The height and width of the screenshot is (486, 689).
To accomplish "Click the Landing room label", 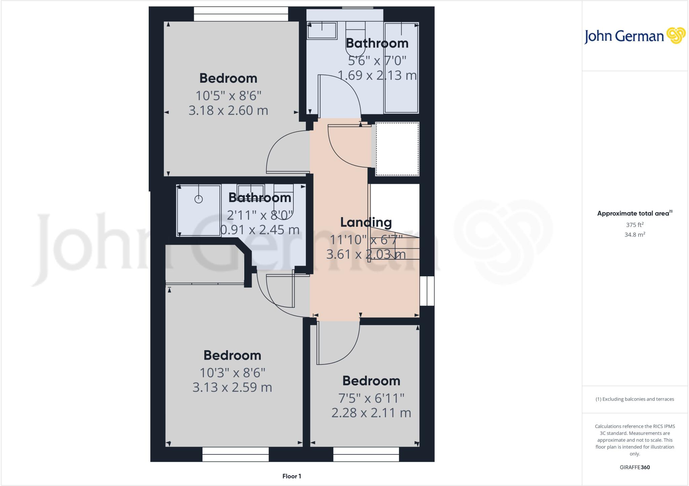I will (x=366, y=222).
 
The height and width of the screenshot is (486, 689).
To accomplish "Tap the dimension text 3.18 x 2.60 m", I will (x=228, y=111).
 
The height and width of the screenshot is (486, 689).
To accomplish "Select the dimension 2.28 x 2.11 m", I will (x=371, y=413).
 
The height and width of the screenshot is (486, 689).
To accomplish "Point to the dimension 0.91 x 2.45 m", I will (x=260, y=230).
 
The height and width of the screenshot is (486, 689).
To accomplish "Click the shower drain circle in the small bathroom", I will (x=198, y=199).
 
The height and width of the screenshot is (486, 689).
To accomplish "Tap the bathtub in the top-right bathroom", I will (x=401, y=67).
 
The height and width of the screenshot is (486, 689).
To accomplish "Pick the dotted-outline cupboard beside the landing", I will (x=397, y=149).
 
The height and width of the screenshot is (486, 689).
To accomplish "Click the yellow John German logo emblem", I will (x=676, y=36).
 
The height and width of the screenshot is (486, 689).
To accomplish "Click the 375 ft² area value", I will (x=634, y=225).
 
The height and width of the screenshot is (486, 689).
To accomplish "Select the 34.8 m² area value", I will (x=634, y=235).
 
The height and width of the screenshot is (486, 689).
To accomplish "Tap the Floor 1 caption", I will (x=292, y=476).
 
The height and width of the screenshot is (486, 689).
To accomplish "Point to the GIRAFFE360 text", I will (x=634, y=467).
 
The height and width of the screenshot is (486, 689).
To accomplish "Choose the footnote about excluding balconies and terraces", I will (x=634, y=399).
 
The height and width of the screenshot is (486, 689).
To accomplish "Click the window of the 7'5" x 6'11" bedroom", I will (x=366, y=454).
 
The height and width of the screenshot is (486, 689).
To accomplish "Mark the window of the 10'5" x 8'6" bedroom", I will (x=241, y=14).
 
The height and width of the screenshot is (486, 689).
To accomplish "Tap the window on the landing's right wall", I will (x=427, y=291).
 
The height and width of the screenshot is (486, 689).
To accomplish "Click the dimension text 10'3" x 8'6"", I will (x=232, y=373).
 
